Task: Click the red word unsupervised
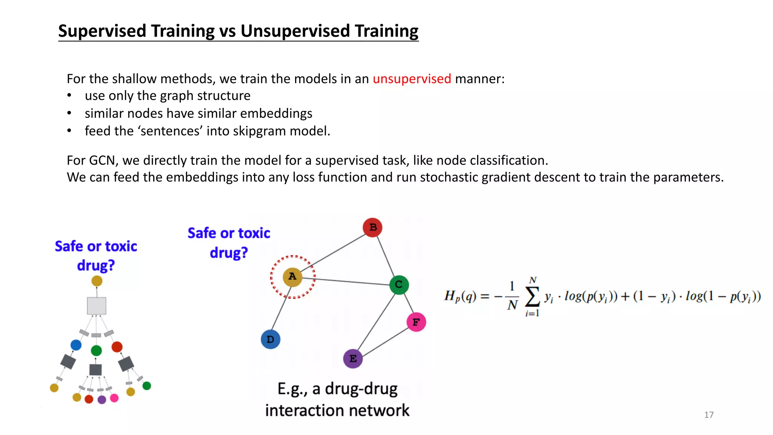[x=412, y=79]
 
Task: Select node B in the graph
[x=373, y=227]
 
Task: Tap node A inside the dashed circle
[x=292, y=277]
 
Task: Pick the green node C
[x=399, y=285]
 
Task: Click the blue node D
[x=270, y=339]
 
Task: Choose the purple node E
[x=353, y=358]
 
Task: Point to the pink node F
[x=416, y=322]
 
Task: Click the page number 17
[x=708, y=415]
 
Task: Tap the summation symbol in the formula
[x=532, y=297]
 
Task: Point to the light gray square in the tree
[x=97, y=306]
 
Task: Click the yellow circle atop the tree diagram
[x=97, y=281]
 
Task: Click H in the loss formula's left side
[x=449, y=296]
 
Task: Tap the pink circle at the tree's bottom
[x=114, y=398]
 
